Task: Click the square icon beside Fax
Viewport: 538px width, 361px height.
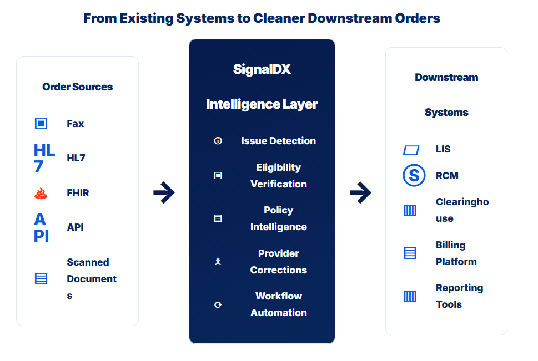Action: (x=41, y=123)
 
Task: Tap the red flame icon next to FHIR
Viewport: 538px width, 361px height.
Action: (x=41, y=193)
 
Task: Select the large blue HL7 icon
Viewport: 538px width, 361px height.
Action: (x=44, y=158)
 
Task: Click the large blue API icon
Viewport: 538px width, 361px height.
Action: (x=42, y=228)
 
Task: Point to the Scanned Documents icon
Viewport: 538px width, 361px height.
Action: (x=41, y=279)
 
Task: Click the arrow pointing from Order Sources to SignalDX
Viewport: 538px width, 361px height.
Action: (x=164, y=192)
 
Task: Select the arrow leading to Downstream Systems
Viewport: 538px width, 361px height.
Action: (x=361, y=192)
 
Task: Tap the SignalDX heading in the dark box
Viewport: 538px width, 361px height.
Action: (x=262, y=69)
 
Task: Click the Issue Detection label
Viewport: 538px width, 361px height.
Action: (x=278, y=140)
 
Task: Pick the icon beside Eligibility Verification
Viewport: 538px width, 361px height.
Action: (x=218, y=176)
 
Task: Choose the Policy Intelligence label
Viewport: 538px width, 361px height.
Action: (x=279, y=218)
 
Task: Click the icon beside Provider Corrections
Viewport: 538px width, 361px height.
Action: (x=218, y=262)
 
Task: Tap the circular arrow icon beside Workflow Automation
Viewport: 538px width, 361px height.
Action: (x=218, y=304)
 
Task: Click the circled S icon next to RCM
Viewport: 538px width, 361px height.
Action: (x=414, y=175)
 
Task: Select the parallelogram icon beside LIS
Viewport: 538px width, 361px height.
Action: (x=411, y=150)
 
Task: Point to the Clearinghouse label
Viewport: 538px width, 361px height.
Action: (x=462, y=210)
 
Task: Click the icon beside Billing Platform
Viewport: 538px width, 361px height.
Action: (x=410, y=253)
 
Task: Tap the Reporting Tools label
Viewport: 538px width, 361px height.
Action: (x=459, y=296)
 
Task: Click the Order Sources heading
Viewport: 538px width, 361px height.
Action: (x=78, y=87)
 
